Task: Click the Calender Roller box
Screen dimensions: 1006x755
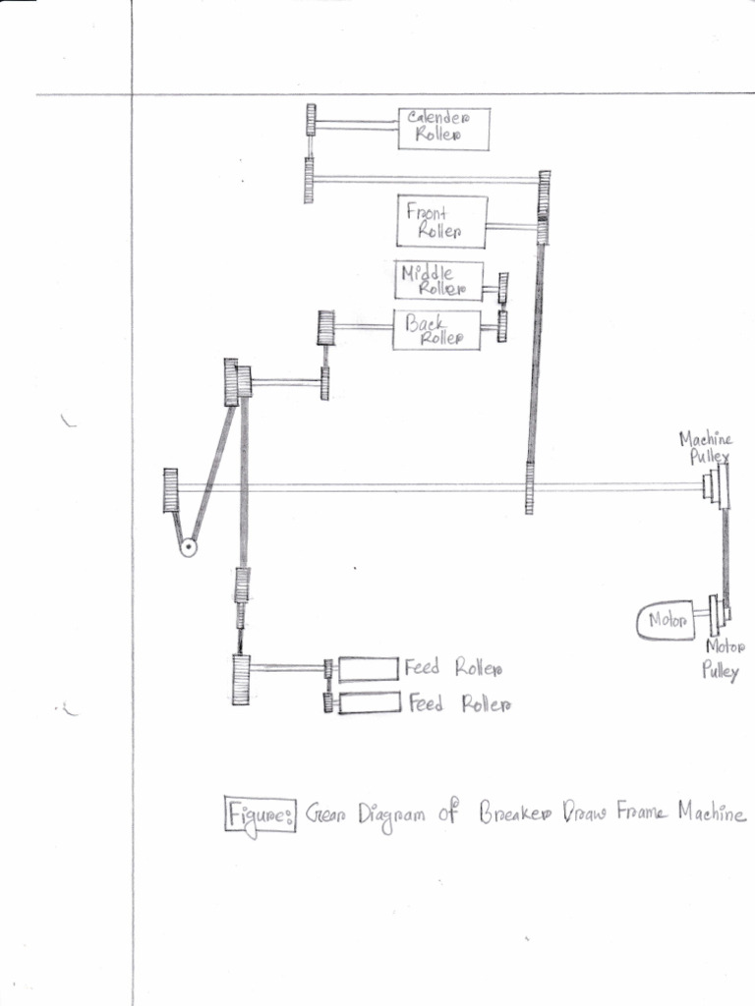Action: pos(443,129)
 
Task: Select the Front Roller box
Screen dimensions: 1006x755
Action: pos(442,221)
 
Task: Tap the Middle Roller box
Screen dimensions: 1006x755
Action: pos(439,280)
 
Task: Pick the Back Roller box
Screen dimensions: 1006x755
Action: pos(436,330)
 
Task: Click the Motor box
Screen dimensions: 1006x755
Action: pos(668,621)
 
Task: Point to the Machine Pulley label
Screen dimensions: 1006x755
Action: pos(706,448)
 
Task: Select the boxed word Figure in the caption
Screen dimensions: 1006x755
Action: pos(260,815)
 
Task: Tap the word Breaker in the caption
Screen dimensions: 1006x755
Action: pos(514,814)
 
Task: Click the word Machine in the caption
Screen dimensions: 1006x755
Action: pos(710,814)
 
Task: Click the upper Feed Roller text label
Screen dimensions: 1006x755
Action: pos(453,669)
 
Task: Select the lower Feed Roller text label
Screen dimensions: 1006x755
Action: pos(457,703)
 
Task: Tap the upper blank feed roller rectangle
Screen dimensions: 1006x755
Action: pos(369,669)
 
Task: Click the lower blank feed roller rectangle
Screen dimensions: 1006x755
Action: pos(369,702)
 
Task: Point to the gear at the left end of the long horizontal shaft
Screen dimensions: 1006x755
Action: pos(171,490)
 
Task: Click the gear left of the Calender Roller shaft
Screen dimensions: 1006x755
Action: pos(311,120)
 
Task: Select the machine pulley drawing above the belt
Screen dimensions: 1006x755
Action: pos(719,485)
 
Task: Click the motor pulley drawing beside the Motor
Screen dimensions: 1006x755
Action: pos(719,614)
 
